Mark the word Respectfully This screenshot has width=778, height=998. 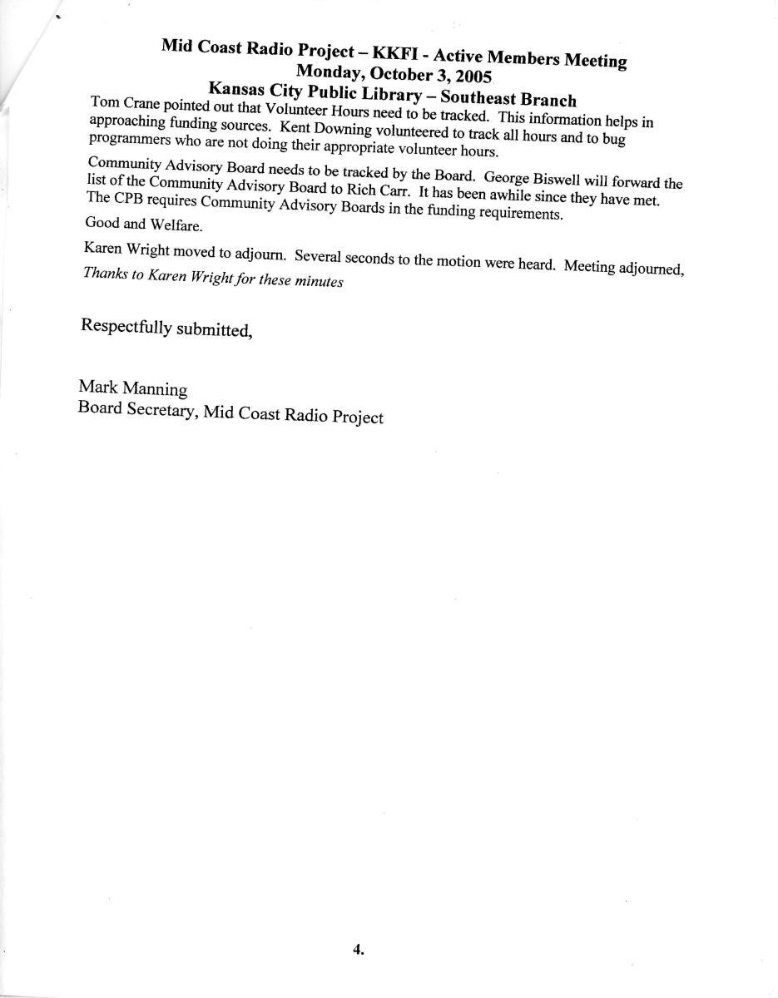pos(125,325)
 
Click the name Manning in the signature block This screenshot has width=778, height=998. pos(155,389)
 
